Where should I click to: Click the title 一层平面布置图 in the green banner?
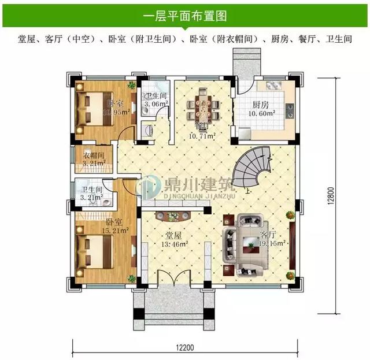click(x=184, y=13)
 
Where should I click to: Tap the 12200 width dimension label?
click(x=186, y=348)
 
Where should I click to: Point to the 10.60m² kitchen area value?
click(x=261, y=114)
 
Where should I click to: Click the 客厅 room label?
click(x=268, y=235)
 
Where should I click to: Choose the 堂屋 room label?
click(x=173, y=236)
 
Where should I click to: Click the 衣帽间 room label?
click(x=93, y=155)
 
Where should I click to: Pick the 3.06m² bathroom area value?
click(x=156, y=104)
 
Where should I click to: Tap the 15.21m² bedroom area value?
click(x=114, y=231)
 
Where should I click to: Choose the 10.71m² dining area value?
click(x=203, y=136)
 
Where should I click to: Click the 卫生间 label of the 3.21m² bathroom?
click(x=92, y=189)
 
